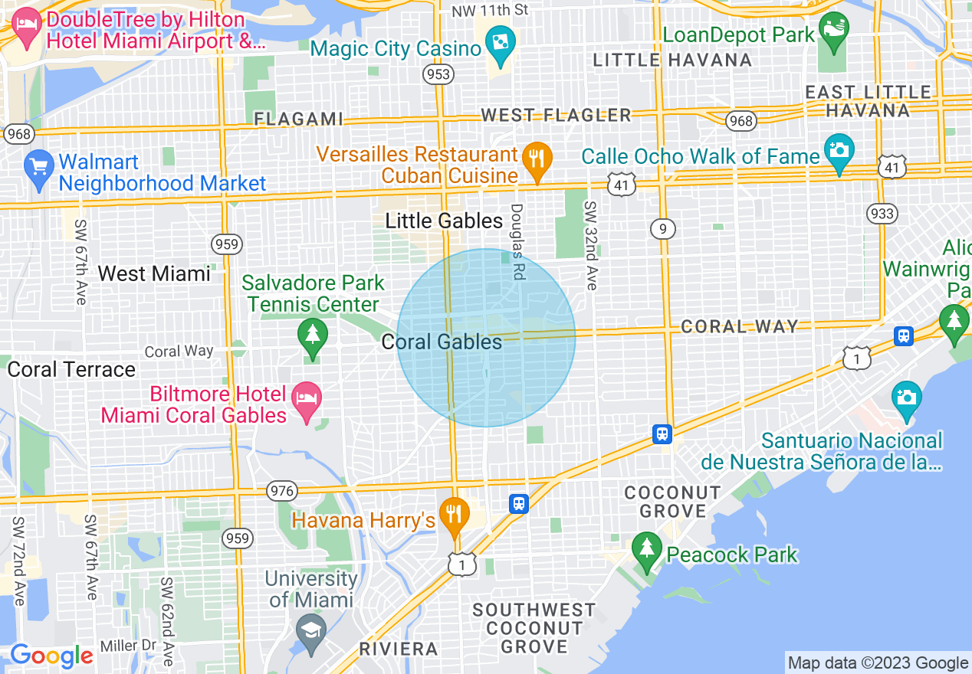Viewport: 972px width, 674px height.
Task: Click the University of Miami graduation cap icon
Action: point(311,633)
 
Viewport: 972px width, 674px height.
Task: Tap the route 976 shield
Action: point(281,491)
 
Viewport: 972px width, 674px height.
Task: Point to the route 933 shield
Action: point(882,213)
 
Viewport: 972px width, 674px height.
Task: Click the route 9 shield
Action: point(662,228)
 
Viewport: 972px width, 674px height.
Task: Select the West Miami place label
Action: point(154,273)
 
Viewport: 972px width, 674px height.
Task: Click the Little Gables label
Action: point(444,221)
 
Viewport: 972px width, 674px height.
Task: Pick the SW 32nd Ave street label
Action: point(590,246)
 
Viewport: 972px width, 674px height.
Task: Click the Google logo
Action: point(51,656)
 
